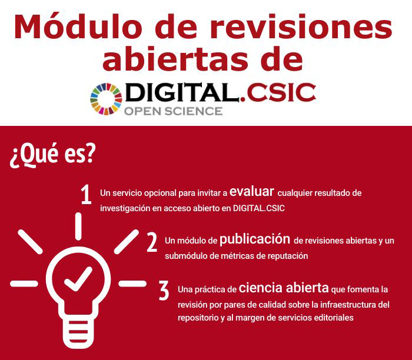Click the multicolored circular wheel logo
coord(106,98)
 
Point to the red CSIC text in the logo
coord(281,93)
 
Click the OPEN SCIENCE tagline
coord(174,111)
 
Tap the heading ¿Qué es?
coord(52,154)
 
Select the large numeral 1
coord(86,196)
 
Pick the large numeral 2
coord(152,242)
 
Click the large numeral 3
coord(164,290)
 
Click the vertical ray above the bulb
coord(78,226)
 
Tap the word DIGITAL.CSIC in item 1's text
coord(259,208)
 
